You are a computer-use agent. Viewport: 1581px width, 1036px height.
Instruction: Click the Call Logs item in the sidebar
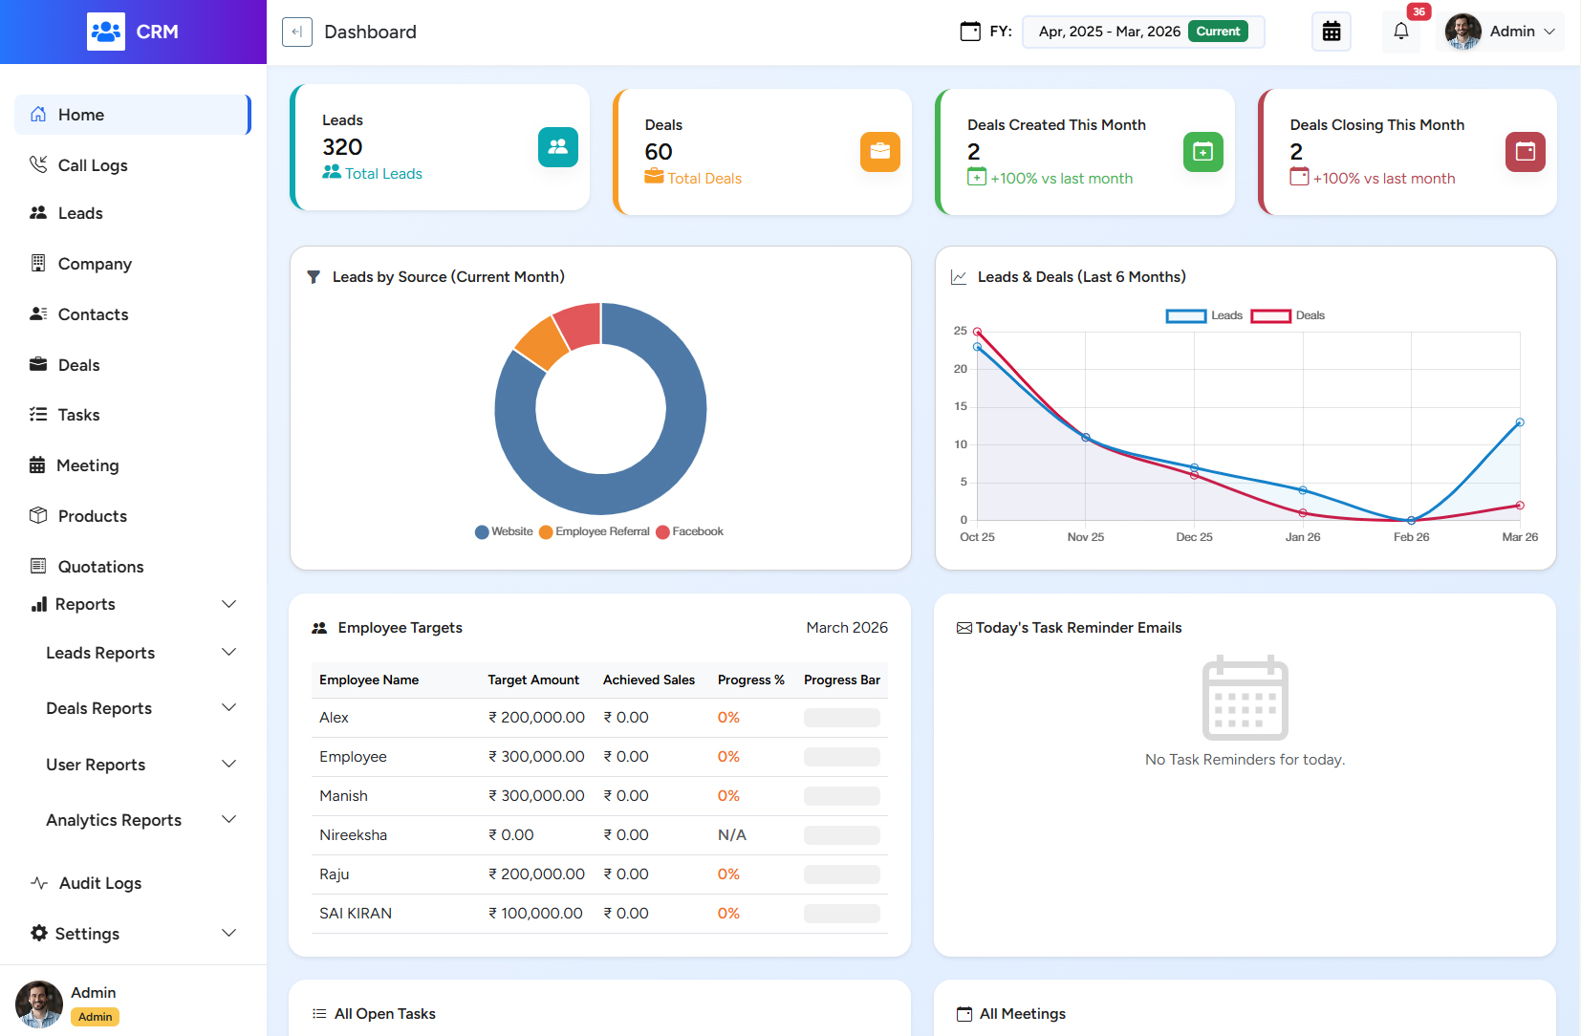(x=92, y=165)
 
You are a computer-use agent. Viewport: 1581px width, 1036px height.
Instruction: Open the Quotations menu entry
(x=99, y=567)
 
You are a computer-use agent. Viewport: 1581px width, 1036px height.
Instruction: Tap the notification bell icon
(x=1400, y=32)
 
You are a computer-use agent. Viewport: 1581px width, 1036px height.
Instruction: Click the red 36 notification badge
(x=1419, y=11)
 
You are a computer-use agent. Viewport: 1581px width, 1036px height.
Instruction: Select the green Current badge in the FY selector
(x=1218, y=32)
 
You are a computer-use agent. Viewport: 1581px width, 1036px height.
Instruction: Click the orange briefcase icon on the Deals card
(x=879, y=152)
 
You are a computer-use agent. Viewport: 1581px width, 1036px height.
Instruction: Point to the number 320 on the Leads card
(x=342, y=147)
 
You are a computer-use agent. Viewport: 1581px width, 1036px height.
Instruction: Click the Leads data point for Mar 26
(x=1519, y=422)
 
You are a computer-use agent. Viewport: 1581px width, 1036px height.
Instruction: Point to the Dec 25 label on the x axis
(x=1194, y=537)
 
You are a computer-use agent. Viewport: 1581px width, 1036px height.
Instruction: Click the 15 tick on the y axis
(x=961, y=406)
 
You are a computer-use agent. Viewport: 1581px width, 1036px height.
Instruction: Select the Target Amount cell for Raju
(x=536, y=874)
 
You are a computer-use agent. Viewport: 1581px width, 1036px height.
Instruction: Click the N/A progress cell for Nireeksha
(x=731, y=835)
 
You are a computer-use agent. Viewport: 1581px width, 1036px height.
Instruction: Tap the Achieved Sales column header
(x=648, y=680)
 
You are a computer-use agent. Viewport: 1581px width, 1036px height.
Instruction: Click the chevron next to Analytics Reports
(x=228, y=820)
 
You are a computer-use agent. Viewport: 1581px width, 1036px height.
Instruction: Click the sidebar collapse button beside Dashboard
(x=297, y=32)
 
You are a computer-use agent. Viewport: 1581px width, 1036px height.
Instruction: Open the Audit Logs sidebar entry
(x=99, y=883)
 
